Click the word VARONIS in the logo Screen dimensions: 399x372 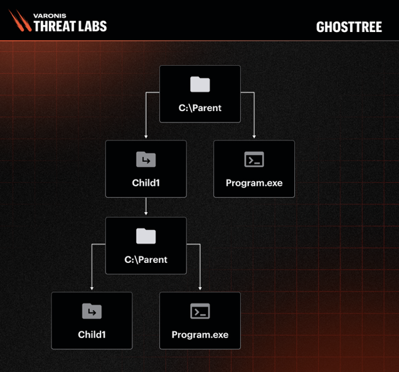50,16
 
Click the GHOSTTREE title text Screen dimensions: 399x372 349,27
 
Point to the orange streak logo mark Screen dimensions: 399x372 20,20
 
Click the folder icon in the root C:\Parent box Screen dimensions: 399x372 200,84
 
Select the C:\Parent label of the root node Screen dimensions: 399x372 200,108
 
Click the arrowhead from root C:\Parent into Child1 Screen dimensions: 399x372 146,137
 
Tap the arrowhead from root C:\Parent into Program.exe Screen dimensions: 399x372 254,137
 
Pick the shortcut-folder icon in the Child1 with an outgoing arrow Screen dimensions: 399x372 146,159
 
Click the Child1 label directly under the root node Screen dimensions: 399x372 146,183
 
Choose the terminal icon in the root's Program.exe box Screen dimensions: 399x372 254,159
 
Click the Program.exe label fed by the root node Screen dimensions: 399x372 254,183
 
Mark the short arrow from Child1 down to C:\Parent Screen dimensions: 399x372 146,206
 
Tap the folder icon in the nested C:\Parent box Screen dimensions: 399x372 146,236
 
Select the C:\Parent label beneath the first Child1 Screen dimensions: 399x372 146,260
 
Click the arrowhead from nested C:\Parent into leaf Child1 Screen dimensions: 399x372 92,289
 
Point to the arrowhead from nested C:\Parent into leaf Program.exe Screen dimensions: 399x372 200,289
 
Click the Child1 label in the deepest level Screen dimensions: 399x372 92,334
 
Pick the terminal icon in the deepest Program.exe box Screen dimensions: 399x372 200,311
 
